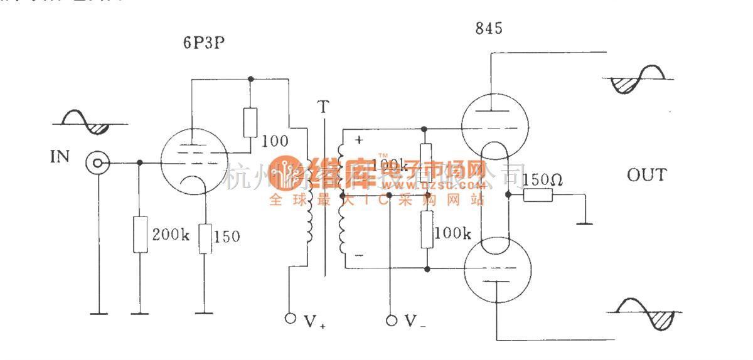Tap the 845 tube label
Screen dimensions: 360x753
(489, 28)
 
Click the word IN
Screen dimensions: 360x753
(60, 156)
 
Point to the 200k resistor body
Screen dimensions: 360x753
(141, 235)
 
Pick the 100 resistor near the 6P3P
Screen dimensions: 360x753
(250, 122)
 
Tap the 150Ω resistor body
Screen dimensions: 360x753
(538, 195)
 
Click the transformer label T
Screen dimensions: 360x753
(323, 107)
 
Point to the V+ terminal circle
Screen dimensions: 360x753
(289, 319)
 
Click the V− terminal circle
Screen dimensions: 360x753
(392, 320)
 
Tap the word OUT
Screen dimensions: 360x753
(647, 175)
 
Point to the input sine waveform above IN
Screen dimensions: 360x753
(85, 123)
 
